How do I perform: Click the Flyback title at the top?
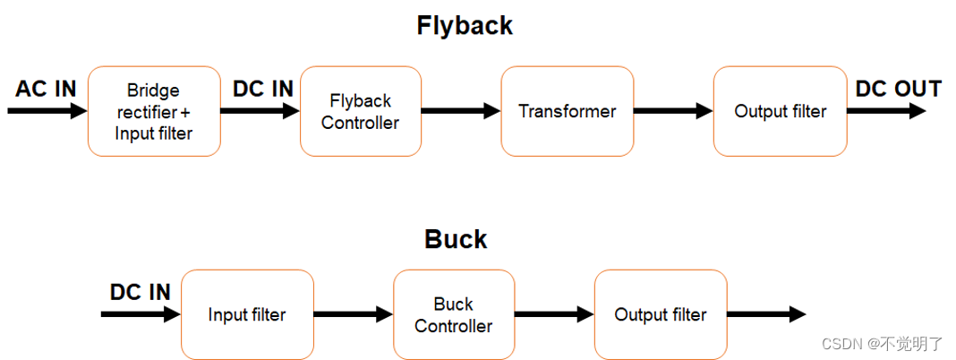[465, 25]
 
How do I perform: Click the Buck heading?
[456, 239]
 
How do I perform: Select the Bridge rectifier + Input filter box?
[154, 111]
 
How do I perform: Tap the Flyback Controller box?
[360, 111]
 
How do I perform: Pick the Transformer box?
[567, 111]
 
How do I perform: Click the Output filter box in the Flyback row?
[780, 111]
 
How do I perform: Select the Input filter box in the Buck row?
[247, 314]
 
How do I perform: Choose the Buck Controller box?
[453, 314]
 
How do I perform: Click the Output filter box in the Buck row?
[660, 314]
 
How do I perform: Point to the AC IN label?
[46, 89]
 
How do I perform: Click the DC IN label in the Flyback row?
[263, 89]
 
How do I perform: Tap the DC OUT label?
[898, 89]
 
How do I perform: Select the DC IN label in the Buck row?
[141, 292]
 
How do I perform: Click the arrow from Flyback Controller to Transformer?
[460, 111]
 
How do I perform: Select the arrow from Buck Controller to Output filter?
[554, 314]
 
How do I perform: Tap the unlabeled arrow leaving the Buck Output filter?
[765, 314]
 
